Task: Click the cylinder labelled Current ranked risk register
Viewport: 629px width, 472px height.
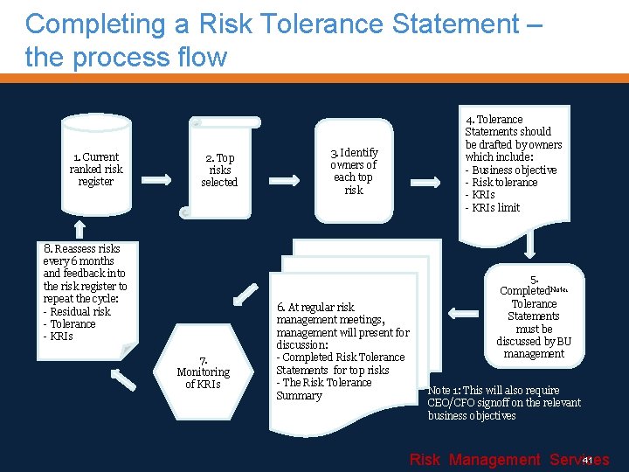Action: [x=95, y=169]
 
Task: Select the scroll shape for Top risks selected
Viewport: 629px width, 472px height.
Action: [x=218, y=170]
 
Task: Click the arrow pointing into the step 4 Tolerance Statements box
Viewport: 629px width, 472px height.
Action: [x=427, y=183]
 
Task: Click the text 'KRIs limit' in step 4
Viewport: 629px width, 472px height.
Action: [x=494, y=207]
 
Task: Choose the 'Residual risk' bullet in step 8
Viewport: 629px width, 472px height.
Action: [x=79, y=311]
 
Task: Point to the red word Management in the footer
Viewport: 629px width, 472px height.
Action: [x=494, y=460]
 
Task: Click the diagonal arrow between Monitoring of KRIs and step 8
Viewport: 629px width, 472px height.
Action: [x=125, y=378]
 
